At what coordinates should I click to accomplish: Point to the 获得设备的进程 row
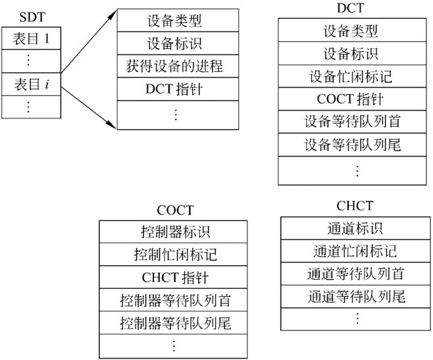point(174,66)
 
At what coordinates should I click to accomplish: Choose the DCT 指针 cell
point(174,89)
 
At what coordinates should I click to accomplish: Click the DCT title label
point(357,8)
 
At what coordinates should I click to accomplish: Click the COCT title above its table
point(175,211)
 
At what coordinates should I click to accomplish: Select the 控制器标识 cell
point(175,232)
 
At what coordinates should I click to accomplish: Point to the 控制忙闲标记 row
point(175,254)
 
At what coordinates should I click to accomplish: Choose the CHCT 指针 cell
point(175,277)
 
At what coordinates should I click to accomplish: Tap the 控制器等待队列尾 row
point(175,323)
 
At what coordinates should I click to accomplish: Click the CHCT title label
point(355,207)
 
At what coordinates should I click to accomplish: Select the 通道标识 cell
point(355,228)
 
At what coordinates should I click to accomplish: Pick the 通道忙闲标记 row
point(355,251)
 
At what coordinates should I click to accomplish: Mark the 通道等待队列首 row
point(355,274)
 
